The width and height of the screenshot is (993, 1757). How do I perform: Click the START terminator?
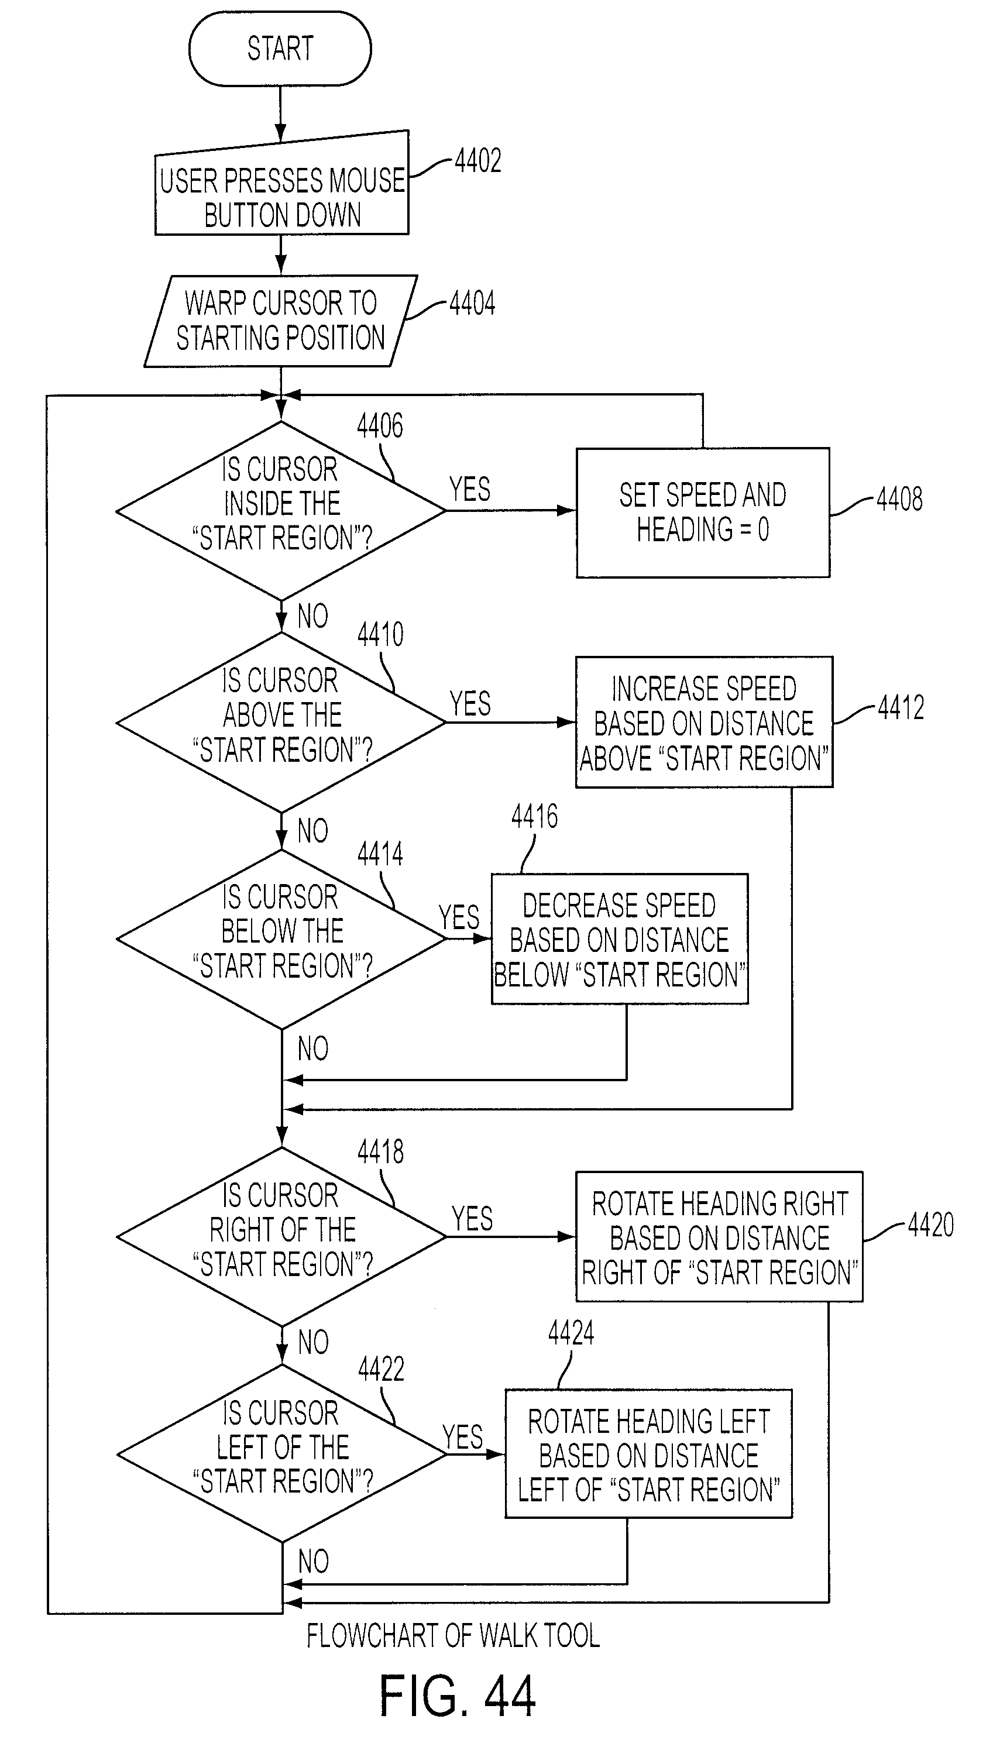(x=280, y=49)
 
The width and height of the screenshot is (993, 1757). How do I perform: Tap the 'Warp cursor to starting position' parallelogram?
(x=280, y=321)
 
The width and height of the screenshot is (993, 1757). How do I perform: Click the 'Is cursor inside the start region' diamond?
(x=281, y=511)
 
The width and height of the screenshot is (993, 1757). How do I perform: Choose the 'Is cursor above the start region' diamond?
(x=281, y=723)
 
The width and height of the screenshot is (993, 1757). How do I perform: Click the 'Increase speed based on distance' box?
(x=705, y=723)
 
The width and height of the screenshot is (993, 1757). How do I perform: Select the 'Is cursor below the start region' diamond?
(x=281, y=939)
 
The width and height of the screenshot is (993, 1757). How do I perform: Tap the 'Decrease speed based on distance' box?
(x=620, y=939)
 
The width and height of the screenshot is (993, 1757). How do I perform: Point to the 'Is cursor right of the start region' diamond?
(x=281, y=1237)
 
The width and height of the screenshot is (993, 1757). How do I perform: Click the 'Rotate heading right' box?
(x=720, y=1237)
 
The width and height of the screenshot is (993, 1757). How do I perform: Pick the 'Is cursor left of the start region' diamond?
(x=281, y=1453)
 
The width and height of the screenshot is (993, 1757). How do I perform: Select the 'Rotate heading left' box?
(x=648, y=1454)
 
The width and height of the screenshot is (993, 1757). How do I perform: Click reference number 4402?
(x=477, y=161)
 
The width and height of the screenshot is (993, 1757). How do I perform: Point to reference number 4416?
(x=535, y=816)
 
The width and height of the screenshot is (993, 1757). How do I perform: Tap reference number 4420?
(x=931, y=1225)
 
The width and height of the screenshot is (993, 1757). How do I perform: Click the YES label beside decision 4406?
(x=470, y=490)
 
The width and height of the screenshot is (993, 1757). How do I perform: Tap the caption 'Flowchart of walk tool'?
(x=453, y=1635)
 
